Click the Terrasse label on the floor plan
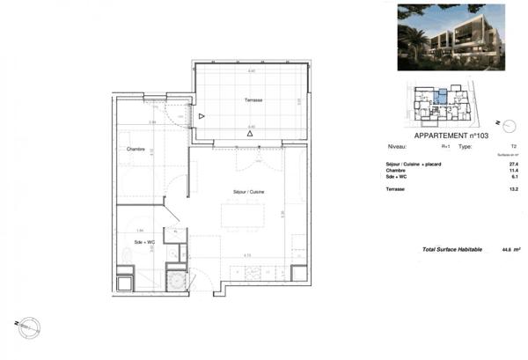click(x=253, y=102)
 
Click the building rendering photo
click(x=450, y=37)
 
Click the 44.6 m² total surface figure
click(x=507, y=250)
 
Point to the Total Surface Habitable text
click(x=452, y=250)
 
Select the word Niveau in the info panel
click(x=397, y=146)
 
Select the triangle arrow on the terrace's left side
click(x=202, y=116)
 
